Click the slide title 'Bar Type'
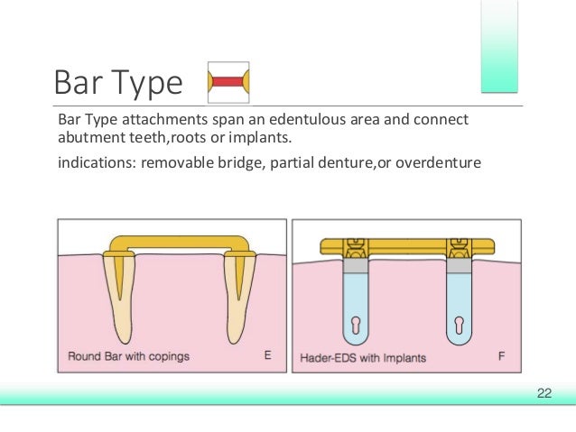[117, 83]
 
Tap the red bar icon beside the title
[228, 82]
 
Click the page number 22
[543, 392]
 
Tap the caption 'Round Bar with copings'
[128, 356]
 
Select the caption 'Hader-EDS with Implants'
[362, 356]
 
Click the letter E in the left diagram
[267, 356]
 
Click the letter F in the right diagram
[501, 356]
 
